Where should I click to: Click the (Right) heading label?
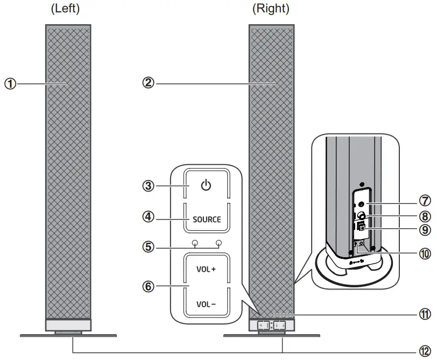tap(271, 9)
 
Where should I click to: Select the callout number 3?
tap(149, 186)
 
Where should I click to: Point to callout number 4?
tap(149, 218)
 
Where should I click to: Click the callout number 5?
tap(149, 248)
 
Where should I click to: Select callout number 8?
tap(425, 216)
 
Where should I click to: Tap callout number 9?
tap(425, 230)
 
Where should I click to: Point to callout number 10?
tap(425, 253)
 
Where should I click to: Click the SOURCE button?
tap(207, 219)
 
